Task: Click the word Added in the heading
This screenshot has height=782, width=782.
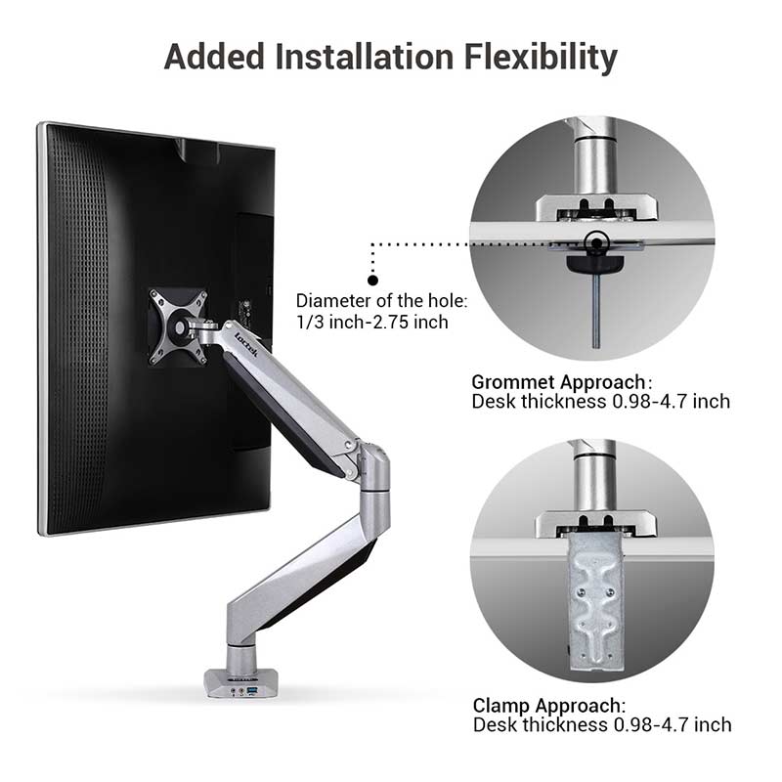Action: (214, 56)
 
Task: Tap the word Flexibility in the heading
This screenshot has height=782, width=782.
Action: (541, 58)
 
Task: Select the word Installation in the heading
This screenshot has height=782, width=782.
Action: (364, 56)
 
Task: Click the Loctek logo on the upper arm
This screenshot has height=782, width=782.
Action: (246, 344)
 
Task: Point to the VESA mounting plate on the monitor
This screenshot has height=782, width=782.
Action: (178, 326)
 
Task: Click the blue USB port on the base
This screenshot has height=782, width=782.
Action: (252, 690)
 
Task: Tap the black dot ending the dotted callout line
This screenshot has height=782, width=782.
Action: (372, 281)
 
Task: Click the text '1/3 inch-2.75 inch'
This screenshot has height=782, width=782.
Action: (372, 323)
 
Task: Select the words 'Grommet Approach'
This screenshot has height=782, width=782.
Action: (558, 382)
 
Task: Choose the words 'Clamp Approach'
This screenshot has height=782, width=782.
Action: (547, 706)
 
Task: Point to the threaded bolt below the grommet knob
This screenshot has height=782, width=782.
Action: (595, 310)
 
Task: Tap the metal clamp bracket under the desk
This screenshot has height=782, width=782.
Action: (596, 603)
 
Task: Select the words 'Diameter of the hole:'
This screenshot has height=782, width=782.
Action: (381, 301)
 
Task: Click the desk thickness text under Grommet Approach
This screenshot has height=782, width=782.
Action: (600, 402)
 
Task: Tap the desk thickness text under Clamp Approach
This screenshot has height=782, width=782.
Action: (602, 724)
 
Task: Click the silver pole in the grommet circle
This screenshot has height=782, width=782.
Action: (595, 159)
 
